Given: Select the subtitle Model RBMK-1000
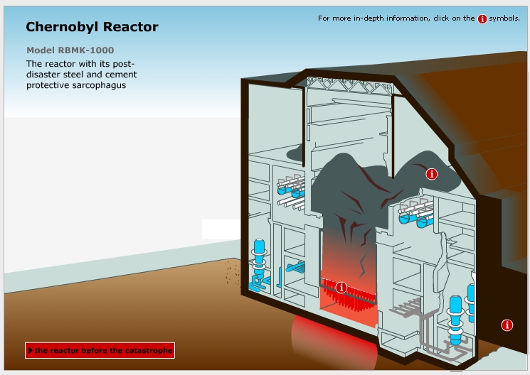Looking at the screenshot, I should coord(70,50).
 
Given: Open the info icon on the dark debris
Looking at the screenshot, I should coord(431,173).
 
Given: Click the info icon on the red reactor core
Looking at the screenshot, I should coord(341,287).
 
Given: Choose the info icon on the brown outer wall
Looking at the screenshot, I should coord(507,325).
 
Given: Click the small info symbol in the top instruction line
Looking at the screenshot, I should coord(482,18).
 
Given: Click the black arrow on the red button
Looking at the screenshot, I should coord(31,350).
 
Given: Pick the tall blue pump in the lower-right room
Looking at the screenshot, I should coord(455,312).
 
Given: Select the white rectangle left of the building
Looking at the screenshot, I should coord(223,229).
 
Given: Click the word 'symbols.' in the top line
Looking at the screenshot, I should coord(504,18).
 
